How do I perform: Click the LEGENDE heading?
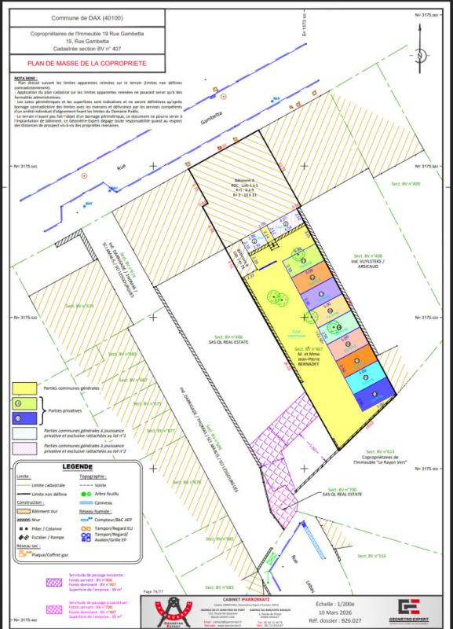(x=78, y=467)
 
